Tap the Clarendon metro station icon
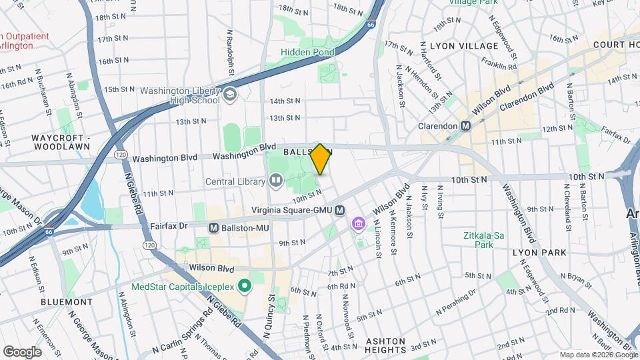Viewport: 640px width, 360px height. (x=465, y=126)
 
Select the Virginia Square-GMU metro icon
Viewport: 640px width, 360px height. (x=340, y=210)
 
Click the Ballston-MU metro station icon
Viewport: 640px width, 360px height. (x=214, y=227)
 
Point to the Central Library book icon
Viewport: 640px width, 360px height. (x=276, y=180)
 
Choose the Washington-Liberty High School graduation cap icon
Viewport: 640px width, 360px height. (x=230, y=95)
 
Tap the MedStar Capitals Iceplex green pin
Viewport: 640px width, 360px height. (x=245, y=287)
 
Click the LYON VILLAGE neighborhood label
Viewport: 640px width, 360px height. (x=464, y=46)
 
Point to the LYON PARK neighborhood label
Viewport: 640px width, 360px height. (x=539, y=253)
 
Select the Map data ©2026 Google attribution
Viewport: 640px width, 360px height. (x=598, y=355)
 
